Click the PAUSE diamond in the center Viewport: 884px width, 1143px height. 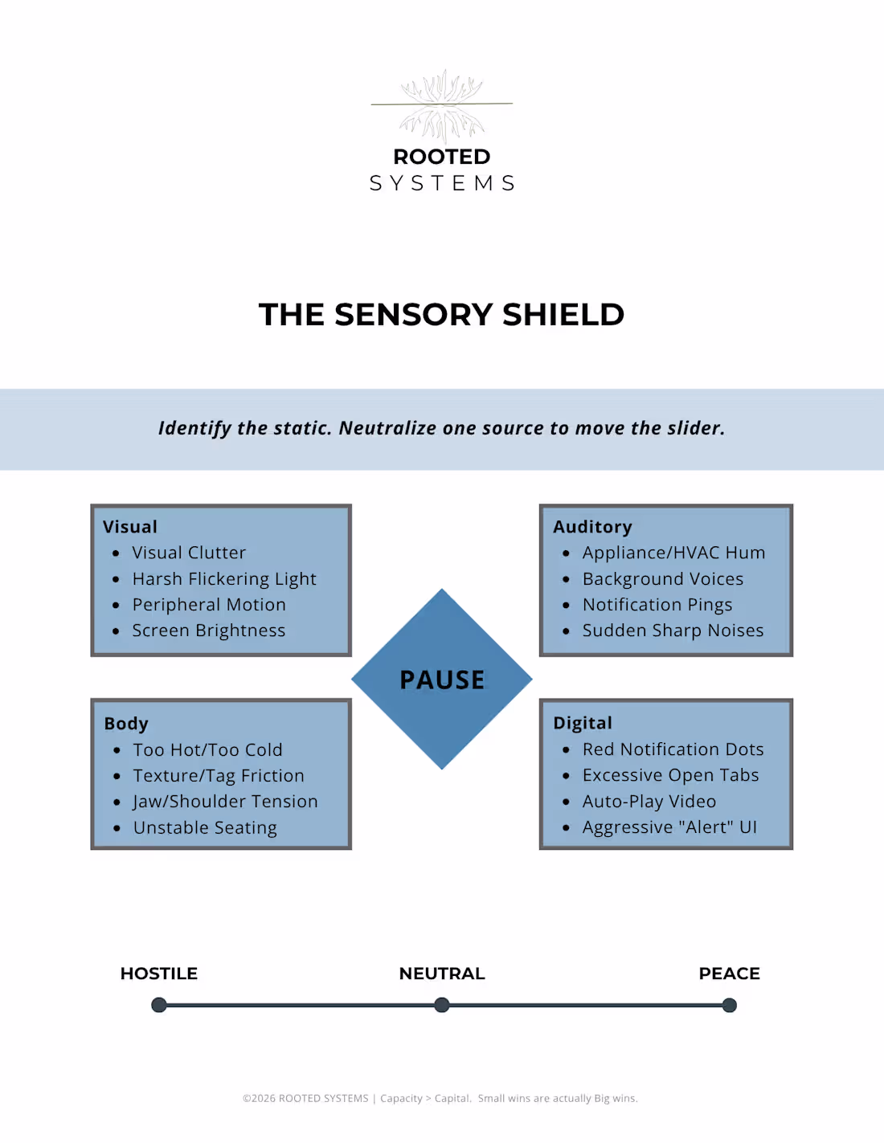(441, 679)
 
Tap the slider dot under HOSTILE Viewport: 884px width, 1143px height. (159, 1005)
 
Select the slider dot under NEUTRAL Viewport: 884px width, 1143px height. (442, 1005)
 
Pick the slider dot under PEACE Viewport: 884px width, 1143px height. (730, 1005)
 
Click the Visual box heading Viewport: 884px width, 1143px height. (130, 527)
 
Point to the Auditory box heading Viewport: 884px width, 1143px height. (592, 527)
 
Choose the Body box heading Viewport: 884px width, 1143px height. (126, 724)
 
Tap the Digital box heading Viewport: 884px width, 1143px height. (583, 723)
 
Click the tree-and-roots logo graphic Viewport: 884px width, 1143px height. (442, 106)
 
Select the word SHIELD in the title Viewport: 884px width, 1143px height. (563, 315)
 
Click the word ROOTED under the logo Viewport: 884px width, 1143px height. (442, 157)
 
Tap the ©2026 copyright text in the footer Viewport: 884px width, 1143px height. (305, 1098)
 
